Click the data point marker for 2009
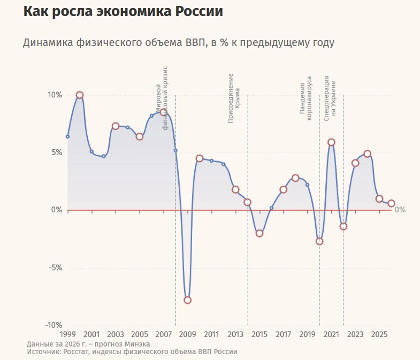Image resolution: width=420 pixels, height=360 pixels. click(x=187, y=300)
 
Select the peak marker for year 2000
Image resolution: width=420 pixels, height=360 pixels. click(x=80, y=95)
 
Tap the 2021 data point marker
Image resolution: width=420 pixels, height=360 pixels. click(x=331, y=142)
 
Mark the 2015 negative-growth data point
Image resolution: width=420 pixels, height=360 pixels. click(x=259, y=233)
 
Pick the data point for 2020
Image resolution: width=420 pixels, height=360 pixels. click(x=319, y=241)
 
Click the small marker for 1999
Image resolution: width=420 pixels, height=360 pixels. click(x=68, y=136)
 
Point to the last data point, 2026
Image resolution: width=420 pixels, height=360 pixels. click(x=391, y=203)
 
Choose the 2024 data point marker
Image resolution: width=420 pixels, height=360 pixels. click(x=367, y=154)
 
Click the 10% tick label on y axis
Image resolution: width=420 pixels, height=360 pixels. click(x=55, y=95)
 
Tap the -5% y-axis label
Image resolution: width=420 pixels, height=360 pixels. click(x=56, y=267)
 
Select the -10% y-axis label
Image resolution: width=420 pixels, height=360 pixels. click(x=54, y=325)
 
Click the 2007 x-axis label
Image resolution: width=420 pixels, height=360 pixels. click(x=164, y=334)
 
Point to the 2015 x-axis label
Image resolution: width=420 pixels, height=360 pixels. click(x=259, y=334)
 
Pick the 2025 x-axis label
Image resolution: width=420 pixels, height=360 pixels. click(x=379, y=334)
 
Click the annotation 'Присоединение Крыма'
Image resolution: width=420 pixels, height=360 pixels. click(x=234, y=98)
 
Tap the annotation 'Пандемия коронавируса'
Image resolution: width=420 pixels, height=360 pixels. click(x=306, y=98)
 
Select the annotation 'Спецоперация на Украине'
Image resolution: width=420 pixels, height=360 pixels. click(x=330, y=98)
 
